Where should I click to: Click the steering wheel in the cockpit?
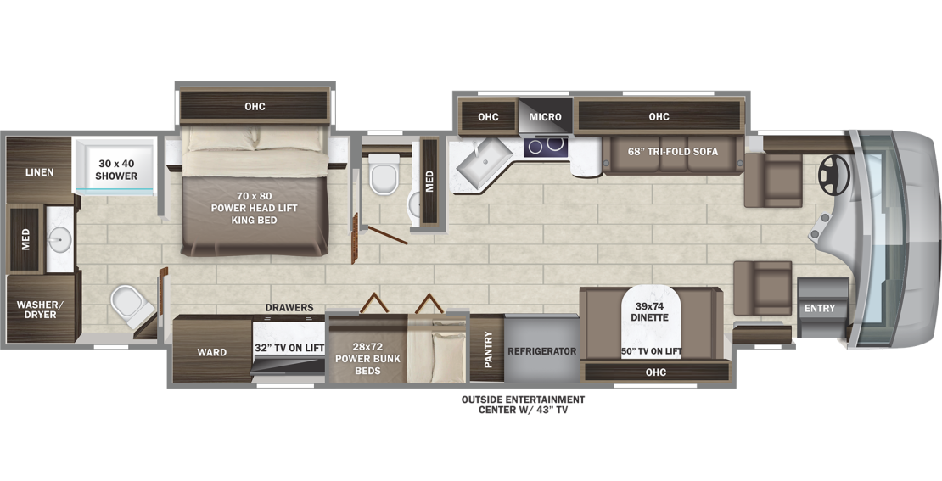coord(834,176)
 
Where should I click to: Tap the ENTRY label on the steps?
coord(820,308)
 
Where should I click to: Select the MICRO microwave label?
coord(546,117)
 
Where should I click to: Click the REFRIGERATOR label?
coord(542,351)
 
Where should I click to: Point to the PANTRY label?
coord(489,350)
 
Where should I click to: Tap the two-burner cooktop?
coord(546,146)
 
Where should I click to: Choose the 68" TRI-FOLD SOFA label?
coord(673,151)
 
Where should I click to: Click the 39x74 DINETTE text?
coord(650,311)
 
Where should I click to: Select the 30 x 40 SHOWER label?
coord(116,170)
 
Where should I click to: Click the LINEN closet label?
coord(40,172)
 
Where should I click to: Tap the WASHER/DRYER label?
coord(40,310)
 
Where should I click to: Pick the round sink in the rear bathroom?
coord(59,240)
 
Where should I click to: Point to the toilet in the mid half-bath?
coord(384,174)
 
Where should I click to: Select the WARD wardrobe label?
coord(212,353)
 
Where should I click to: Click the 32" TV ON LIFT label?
coord(289,348)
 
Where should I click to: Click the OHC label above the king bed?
coord(255,107)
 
